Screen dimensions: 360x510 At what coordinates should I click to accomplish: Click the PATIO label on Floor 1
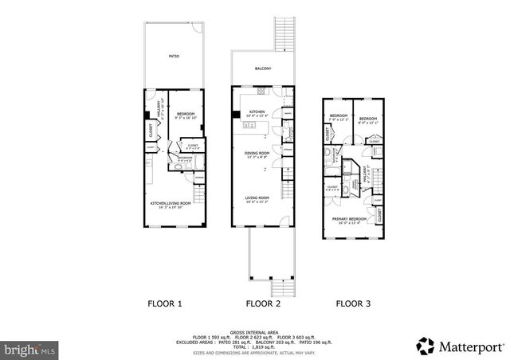coord(174,57)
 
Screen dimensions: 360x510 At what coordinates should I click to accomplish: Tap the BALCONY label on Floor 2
coord(263,68)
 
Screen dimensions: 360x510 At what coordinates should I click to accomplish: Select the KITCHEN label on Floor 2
coord(257,112)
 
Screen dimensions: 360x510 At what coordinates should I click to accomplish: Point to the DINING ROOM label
coord(257,153)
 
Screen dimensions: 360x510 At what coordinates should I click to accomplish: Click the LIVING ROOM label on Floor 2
coord(257,198)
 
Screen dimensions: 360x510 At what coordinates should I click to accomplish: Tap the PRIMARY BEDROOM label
coord(350,219)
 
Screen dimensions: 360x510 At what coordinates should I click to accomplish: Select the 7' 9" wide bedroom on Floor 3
coord(338,116)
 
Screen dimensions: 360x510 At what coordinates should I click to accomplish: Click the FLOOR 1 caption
coord(165,303)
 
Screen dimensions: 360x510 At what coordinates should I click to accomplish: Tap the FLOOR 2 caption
coord(264,303)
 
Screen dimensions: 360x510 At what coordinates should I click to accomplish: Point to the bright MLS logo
coord(30,349)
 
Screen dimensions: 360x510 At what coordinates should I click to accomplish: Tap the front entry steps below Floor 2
coord(280,288)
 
